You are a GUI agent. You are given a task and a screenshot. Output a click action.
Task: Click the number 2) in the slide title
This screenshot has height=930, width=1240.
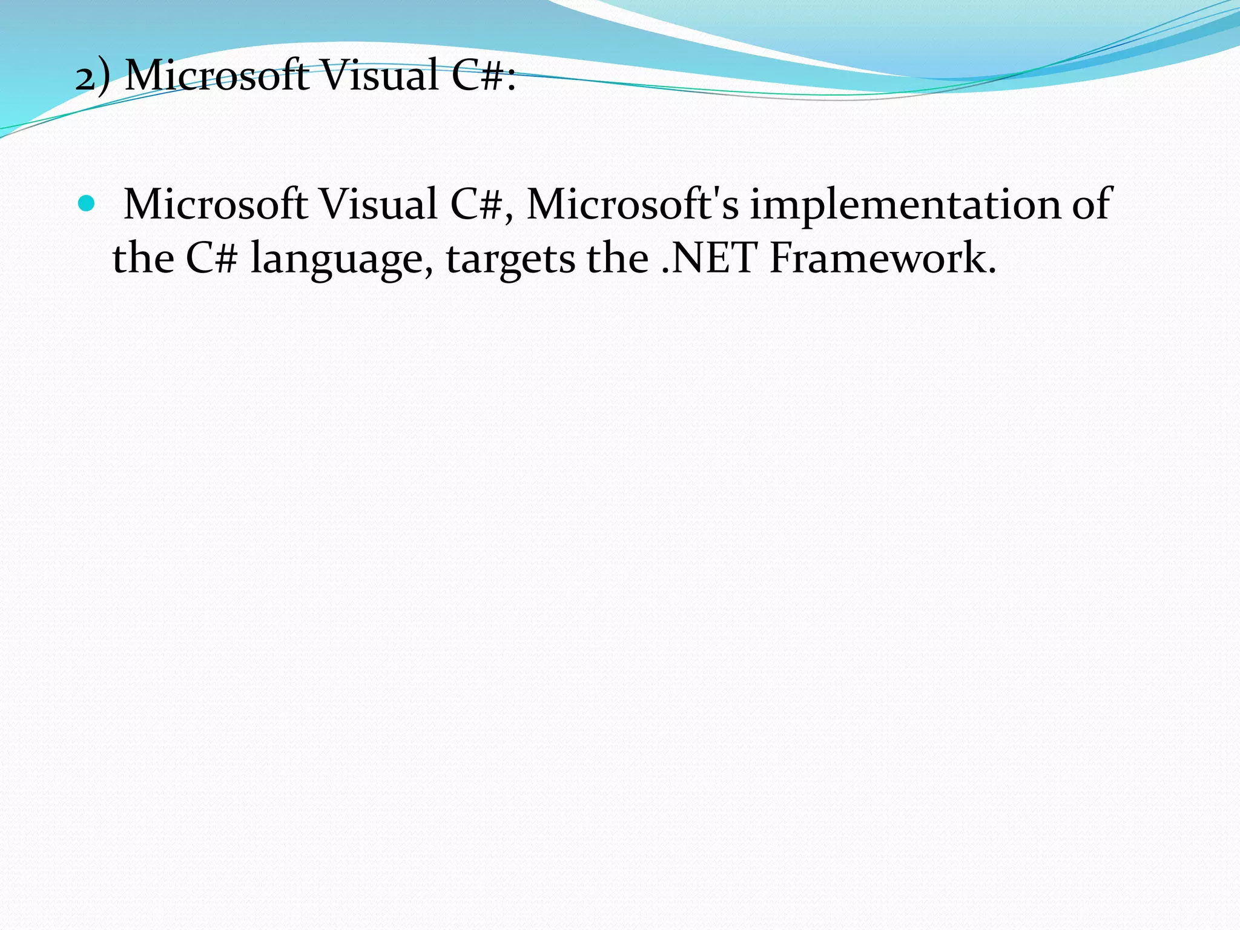(x=93, y=77)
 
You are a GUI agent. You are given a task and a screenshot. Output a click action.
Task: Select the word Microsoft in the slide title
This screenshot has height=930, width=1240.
(x=216, y=76)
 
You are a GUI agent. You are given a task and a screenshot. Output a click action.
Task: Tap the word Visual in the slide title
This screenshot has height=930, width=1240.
(x=379, y=76)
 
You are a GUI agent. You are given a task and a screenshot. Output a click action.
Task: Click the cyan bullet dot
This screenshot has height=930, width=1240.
(x=87, y=203)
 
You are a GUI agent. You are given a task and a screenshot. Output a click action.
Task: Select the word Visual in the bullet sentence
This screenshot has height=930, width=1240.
(x=378, y=204)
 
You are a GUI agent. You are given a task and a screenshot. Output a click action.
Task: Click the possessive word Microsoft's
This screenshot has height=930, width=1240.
(x=633, y=204)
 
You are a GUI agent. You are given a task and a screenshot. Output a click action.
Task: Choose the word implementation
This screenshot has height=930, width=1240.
(x=905, y=204)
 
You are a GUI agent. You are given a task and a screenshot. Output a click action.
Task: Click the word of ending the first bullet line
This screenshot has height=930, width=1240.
(x=1092, y=204)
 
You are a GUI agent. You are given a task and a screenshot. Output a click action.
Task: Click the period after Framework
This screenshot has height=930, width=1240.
(x=991, y=271)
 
